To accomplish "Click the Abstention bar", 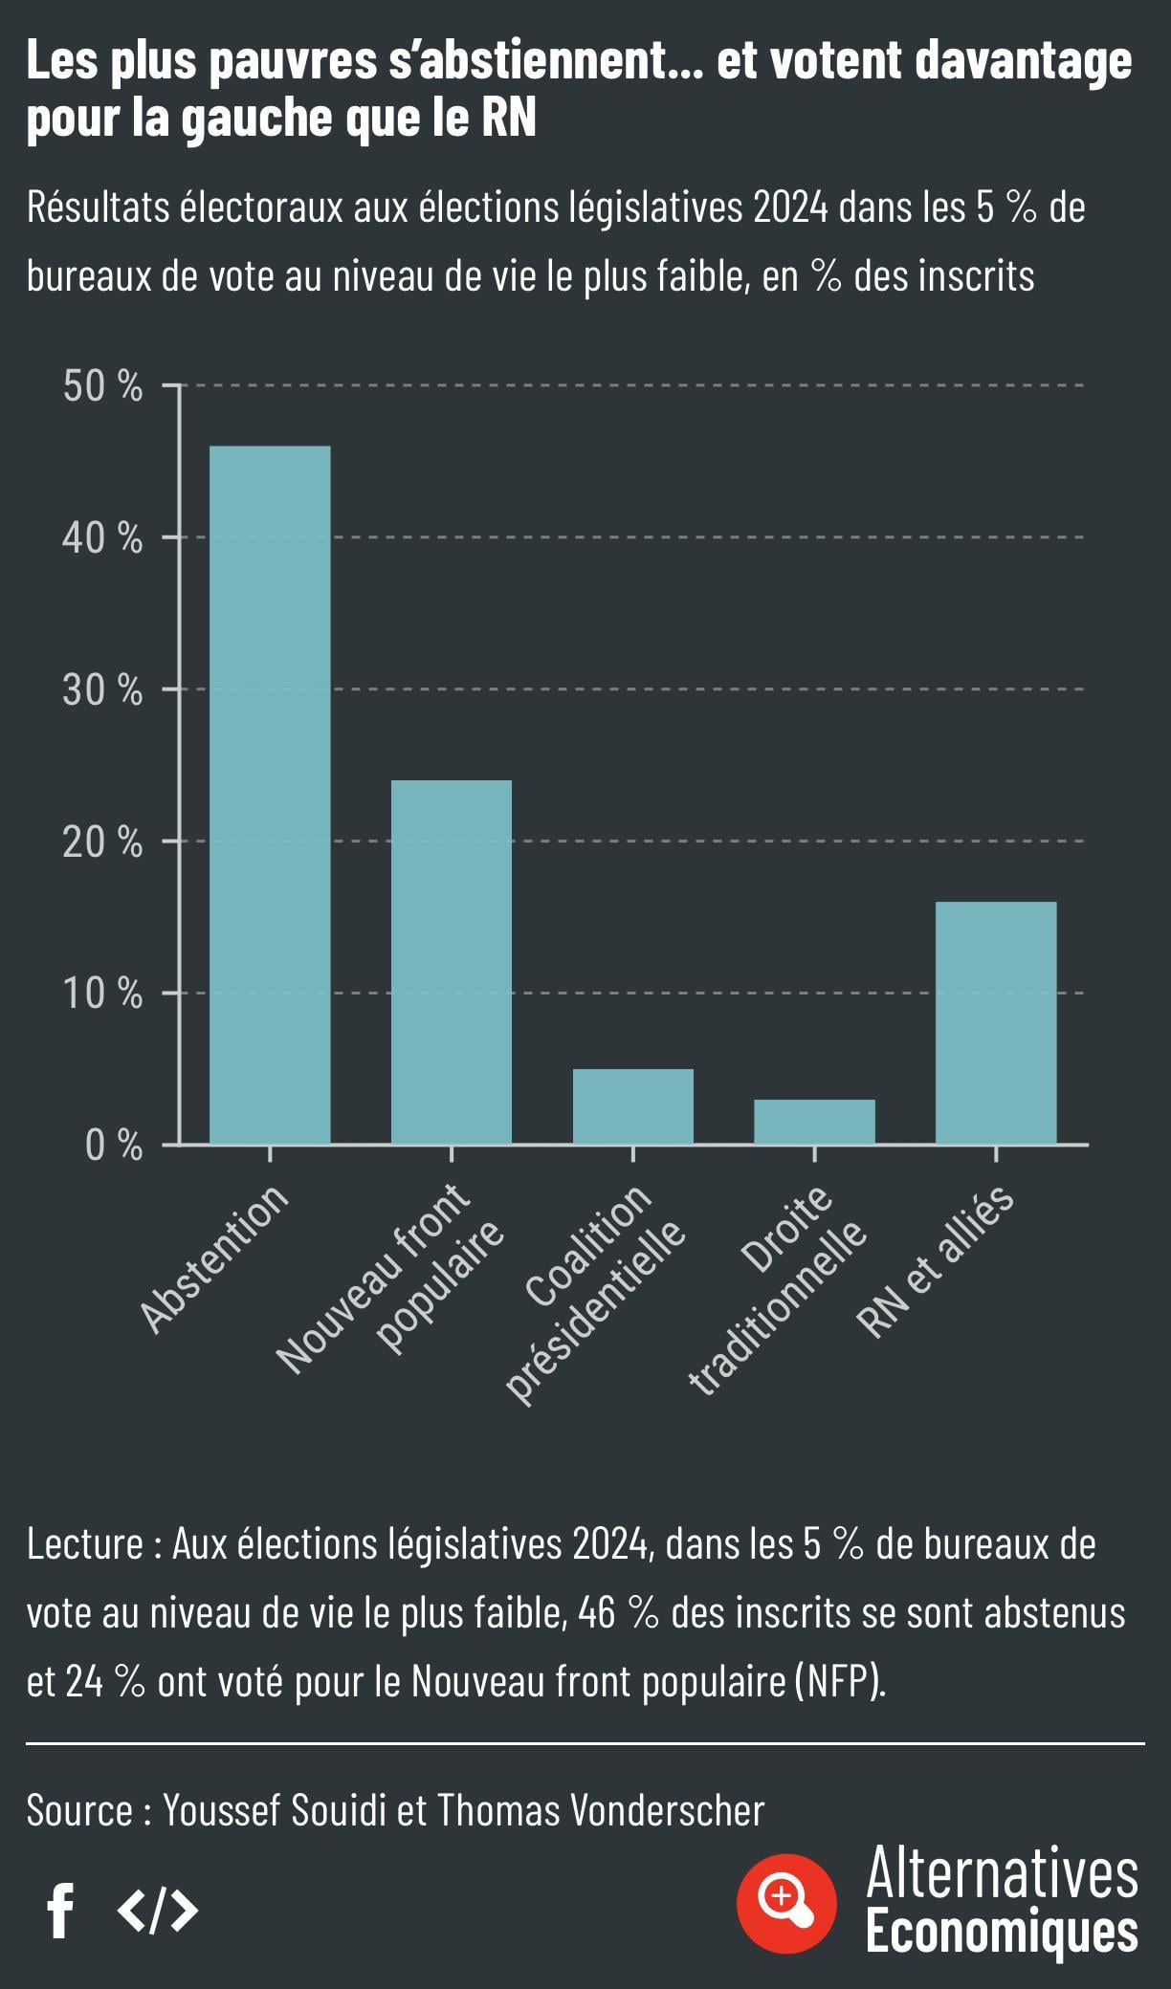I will coord(270,794).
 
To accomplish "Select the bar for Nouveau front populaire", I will coord(452,961).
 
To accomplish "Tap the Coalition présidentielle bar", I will coord(632,1105).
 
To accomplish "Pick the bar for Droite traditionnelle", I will coord(814,1121).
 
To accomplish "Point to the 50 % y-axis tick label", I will coord(102,386).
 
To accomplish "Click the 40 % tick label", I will coord(102,538).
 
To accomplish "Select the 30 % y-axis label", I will coord(102,689).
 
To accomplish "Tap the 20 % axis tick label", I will coord(102,842).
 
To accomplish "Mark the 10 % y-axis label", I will coord(102,994).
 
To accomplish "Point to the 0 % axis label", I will coord(114,1146).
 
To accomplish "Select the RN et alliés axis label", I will coord(936,1260).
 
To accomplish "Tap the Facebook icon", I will coord(61,1911).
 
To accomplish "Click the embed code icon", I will coord(158,1910).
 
